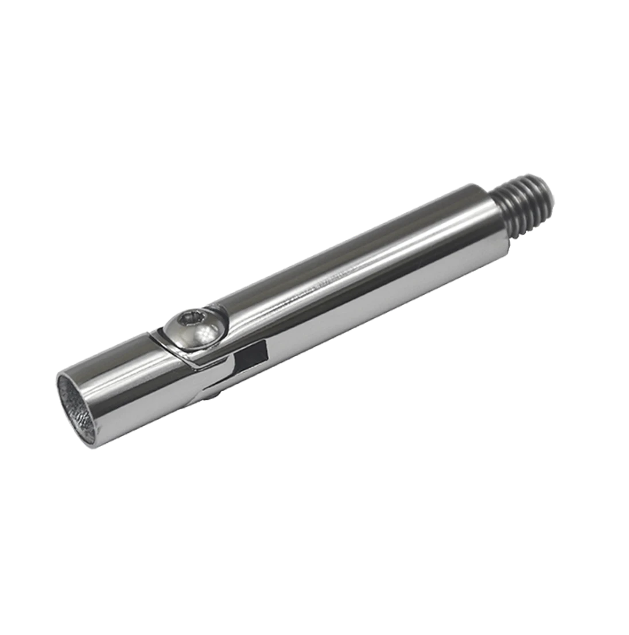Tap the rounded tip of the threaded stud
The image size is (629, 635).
[x=548, y=186]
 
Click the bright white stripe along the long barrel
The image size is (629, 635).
[x=344, y=270]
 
